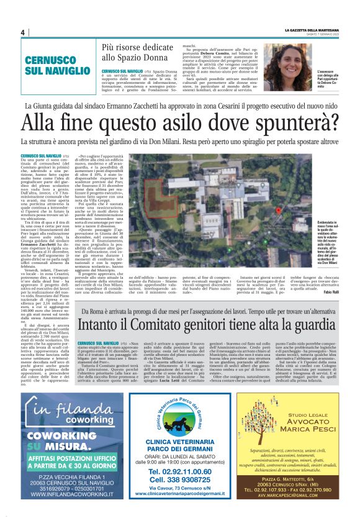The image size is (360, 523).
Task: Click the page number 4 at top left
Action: pyautogui.click(x=23, y=32)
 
